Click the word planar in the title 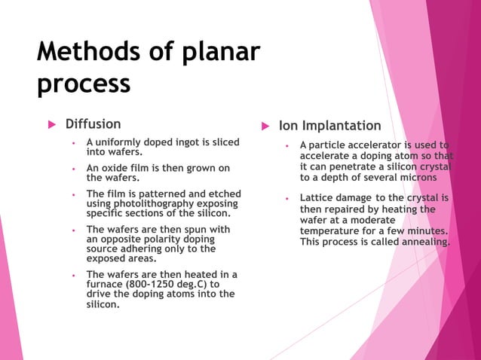tap(222, 52)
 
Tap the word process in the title tap(84, 83)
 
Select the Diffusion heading tap(93, 124)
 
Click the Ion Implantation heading tap(329, 126)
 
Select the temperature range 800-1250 tap(154, 285)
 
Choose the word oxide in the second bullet tap(117, 168)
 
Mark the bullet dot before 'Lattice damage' tap(287, 199)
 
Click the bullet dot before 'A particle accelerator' tap(287, 145)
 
